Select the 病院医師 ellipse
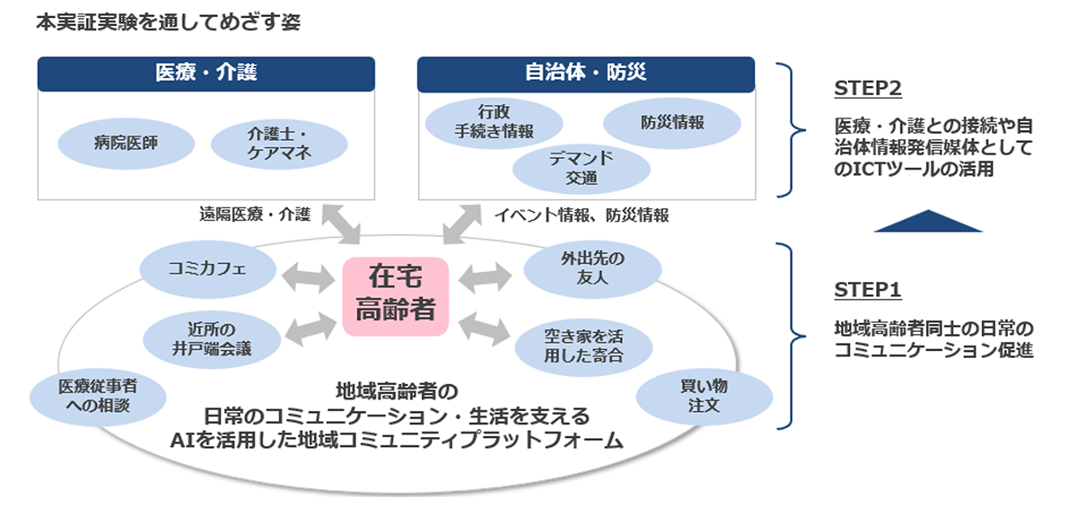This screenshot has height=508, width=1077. [126, 142]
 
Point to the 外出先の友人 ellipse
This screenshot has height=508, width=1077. [592, 268]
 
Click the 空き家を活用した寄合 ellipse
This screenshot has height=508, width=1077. [583, 346]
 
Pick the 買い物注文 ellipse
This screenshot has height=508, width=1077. [704, 396]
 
